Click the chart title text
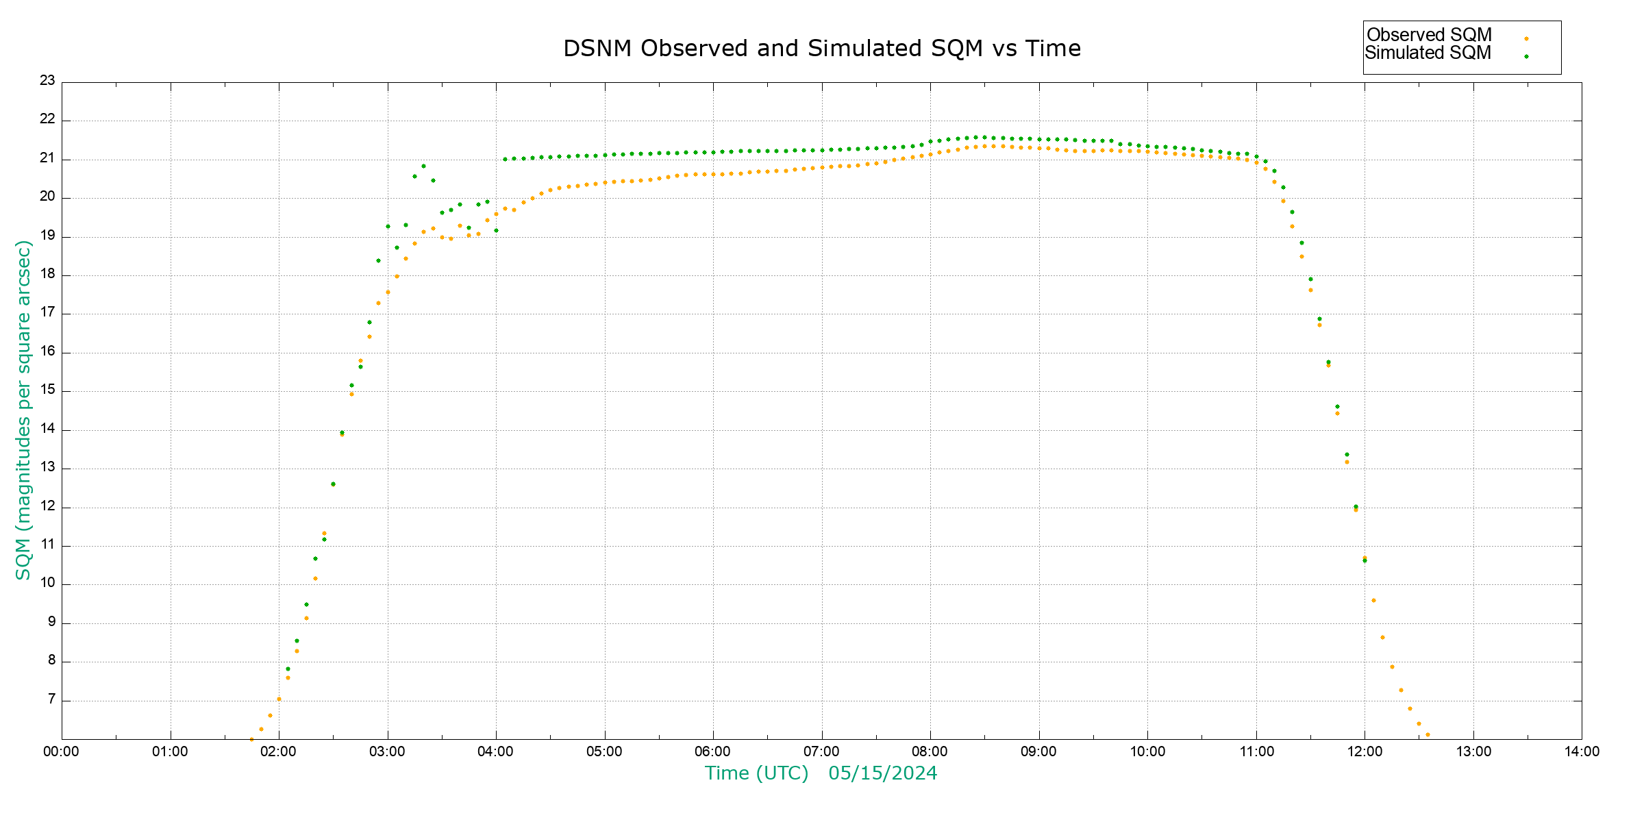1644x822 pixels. [x=821, y=49]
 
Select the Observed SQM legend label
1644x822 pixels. [x=1429, y=35]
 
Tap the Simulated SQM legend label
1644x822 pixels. [x=1428, y=53]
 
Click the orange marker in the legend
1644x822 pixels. [x=1526, y=38]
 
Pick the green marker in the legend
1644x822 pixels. [x=1526, y=56]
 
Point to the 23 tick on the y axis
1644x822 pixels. [x=47, y=80]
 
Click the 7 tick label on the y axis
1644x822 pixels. [x=51, y=699]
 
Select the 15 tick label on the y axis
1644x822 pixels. [x=47, y=390]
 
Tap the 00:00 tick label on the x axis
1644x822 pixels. [x=61, y=751]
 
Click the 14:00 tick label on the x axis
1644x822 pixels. [x=1582, y=751]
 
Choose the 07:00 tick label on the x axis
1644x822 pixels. [x=821, y=751]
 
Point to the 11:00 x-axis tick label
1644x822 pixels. [x=1256, y=751]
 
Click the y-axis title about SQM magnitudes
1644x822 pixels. [x=23, y=410]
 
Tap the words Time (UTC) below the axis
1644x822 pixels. [x=756, y=773]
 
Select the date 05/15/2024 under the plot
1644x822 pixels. [x=882, y=773]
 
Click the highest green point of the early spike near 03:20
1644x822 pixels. [x=423, y=166]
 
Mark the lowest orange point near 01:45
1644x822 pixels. [x=251, y=739]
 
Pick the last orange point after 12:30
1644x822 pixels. [x=1428, y=734]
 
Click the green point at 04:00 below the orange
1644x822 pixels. [x=496, y=230]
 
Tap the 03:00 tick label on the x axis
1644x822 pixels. [x=387, y=751]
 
